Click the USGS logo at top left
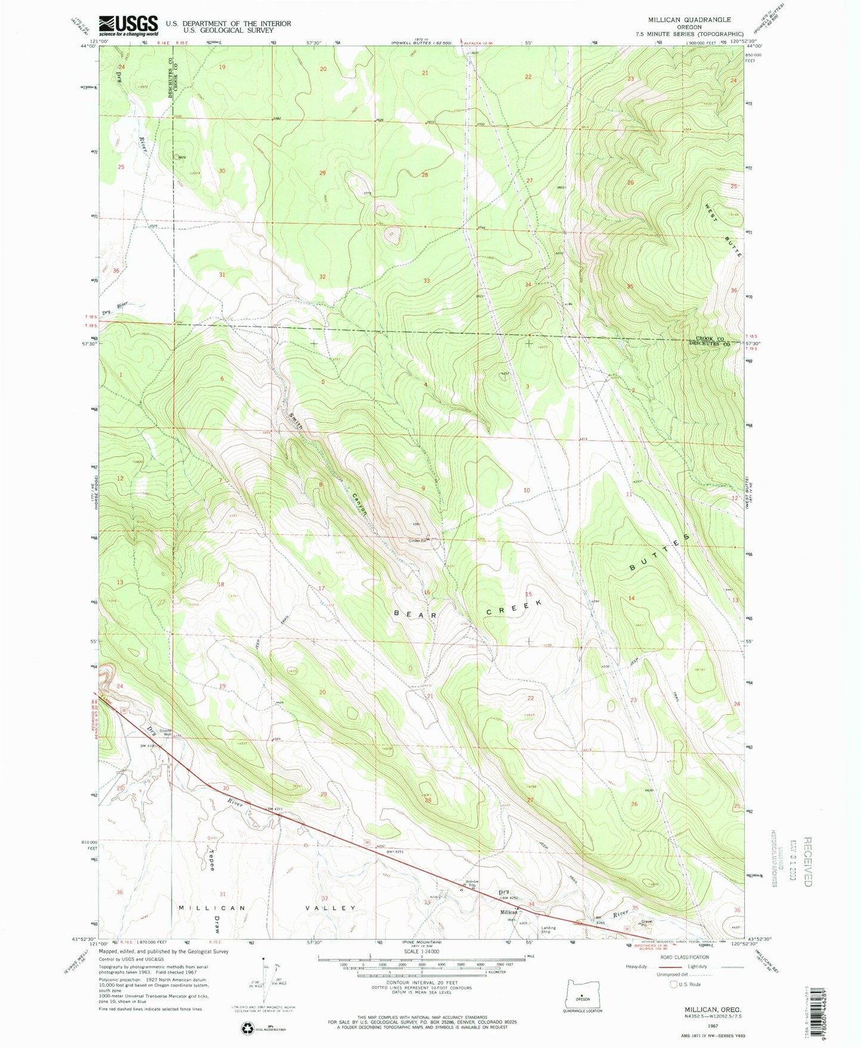[x=128, y=26]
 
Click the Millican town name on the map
[x=508, y=912]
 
